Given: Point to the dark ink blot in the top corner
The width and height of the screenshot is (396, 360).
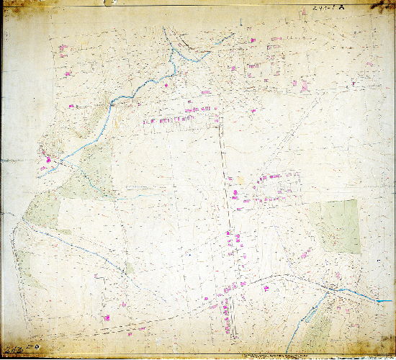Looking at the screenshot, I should (x=382, y=6).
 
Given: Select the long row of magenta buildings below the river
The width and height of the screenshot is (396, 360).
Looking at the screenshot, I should (x=180, y=120).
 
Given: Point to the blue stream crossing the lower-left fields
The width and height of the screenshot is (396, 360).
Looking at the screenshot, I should (x=79, y=245).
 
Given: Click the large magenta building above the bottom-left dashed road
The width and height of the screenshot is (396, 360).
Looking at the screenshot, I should (x=106, y=317).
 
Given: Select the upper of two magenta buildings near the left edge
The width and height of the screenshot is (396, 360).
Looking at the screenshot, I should (x=62, y=48).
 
